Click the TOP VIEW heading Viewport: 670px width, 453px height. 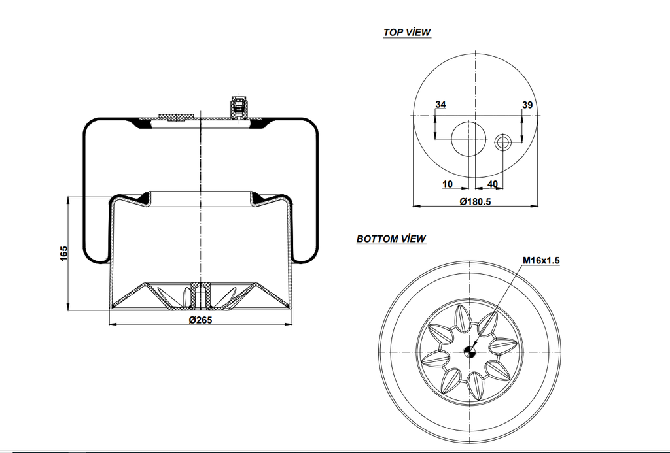pos(407,32)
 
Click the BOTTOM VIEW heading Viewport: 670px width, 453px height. pos(391,239)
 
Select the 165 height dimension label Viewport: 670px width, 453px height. pos(63,254)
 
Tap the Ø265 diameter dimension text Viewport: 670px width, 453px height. pos(201,320)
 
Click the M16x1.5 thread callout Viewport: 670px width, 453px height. pos(540,260)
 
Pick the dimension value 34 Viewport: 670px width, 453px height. pos(440,105)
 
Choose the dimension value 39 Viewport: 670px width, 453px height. pos(527,105)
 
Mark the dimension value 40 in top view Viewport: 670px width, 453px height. pos(493,184)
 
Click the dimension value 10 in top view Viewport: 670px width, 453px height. pos(448,184)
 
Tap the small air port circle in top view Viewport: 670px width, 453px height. pos(503,141)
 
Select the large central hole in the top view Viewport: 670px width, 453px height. pos(470,139)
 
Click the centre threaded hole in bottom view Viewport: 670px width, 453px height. pos(468,352)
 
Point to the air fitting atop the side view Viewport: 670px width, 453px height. pos(239,105)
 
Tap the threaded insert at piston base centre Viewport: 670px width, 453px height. pos(200,294)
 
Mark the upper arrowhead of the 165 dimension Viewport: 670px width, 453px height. pos(68,199)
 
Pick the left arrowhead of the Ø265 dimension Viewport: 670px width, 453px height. pos(111,324)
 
